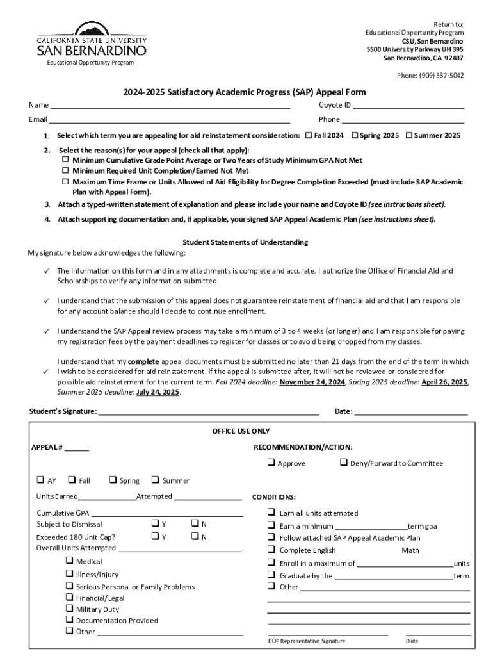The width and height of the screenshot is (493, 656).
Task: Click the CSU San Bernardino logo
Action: pos(91,42)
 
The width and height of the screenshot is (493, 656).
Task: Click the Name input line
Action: pos(170,106)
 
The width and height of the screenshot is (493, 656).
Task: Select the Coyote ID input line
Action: pos(408,106)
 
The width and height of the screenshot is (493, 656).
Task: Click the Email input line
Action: pos(170,121)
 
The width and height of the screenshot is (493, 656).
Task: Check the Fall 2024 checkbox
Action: pos(309,136)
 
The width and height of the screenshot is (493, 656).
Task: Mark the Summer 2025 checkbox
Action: pos(409,136)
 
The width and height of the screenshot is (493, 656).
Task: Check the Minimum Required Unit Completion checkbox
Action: pos(65,171)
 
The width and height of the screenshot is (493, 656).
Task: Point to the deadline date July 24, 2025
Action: pos(158,393)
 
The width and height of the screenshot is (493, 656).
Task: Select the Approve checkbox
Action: pos(271,463)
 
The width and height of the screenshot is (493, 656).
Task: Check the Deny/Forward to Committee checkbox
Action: pos(343,463)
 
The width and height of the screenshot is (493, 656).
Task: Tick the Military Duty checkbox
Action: pos(69,609)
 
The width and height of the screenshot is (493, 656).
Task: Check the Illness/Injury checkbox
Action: pos(69,575)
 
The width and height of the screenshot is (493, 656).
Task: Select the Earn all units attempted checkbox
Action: pos(271,512)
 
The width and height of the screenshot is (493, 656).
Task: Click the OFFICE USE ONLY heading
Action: pos(241,431)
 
